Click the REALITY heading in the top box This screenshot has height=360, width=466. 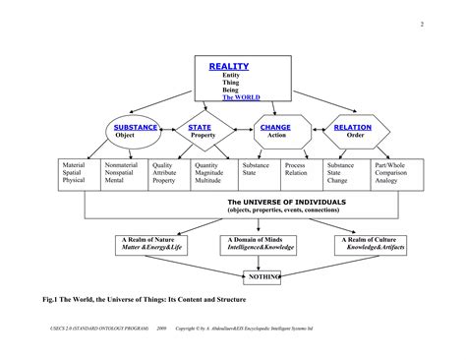tap(229, 67)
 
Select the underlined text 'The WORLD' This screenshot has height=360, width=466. tap(242, 98)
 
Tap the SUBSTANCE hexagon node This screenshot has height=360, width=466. tap(137, 131)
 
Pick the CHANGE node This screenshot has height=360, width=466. tap(275, 131)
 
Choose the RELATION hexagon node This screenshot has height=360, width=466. tap(353, 131)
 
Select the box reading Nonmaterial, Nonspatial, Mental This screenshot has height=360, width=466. tap(123, 173)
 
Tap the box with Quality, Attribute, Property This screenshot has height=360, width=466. tap(168, 173)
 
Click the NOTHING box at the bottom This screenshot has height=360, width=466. tap(263, 277)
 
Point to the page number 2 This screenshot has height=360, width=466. tap(421, 25)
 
